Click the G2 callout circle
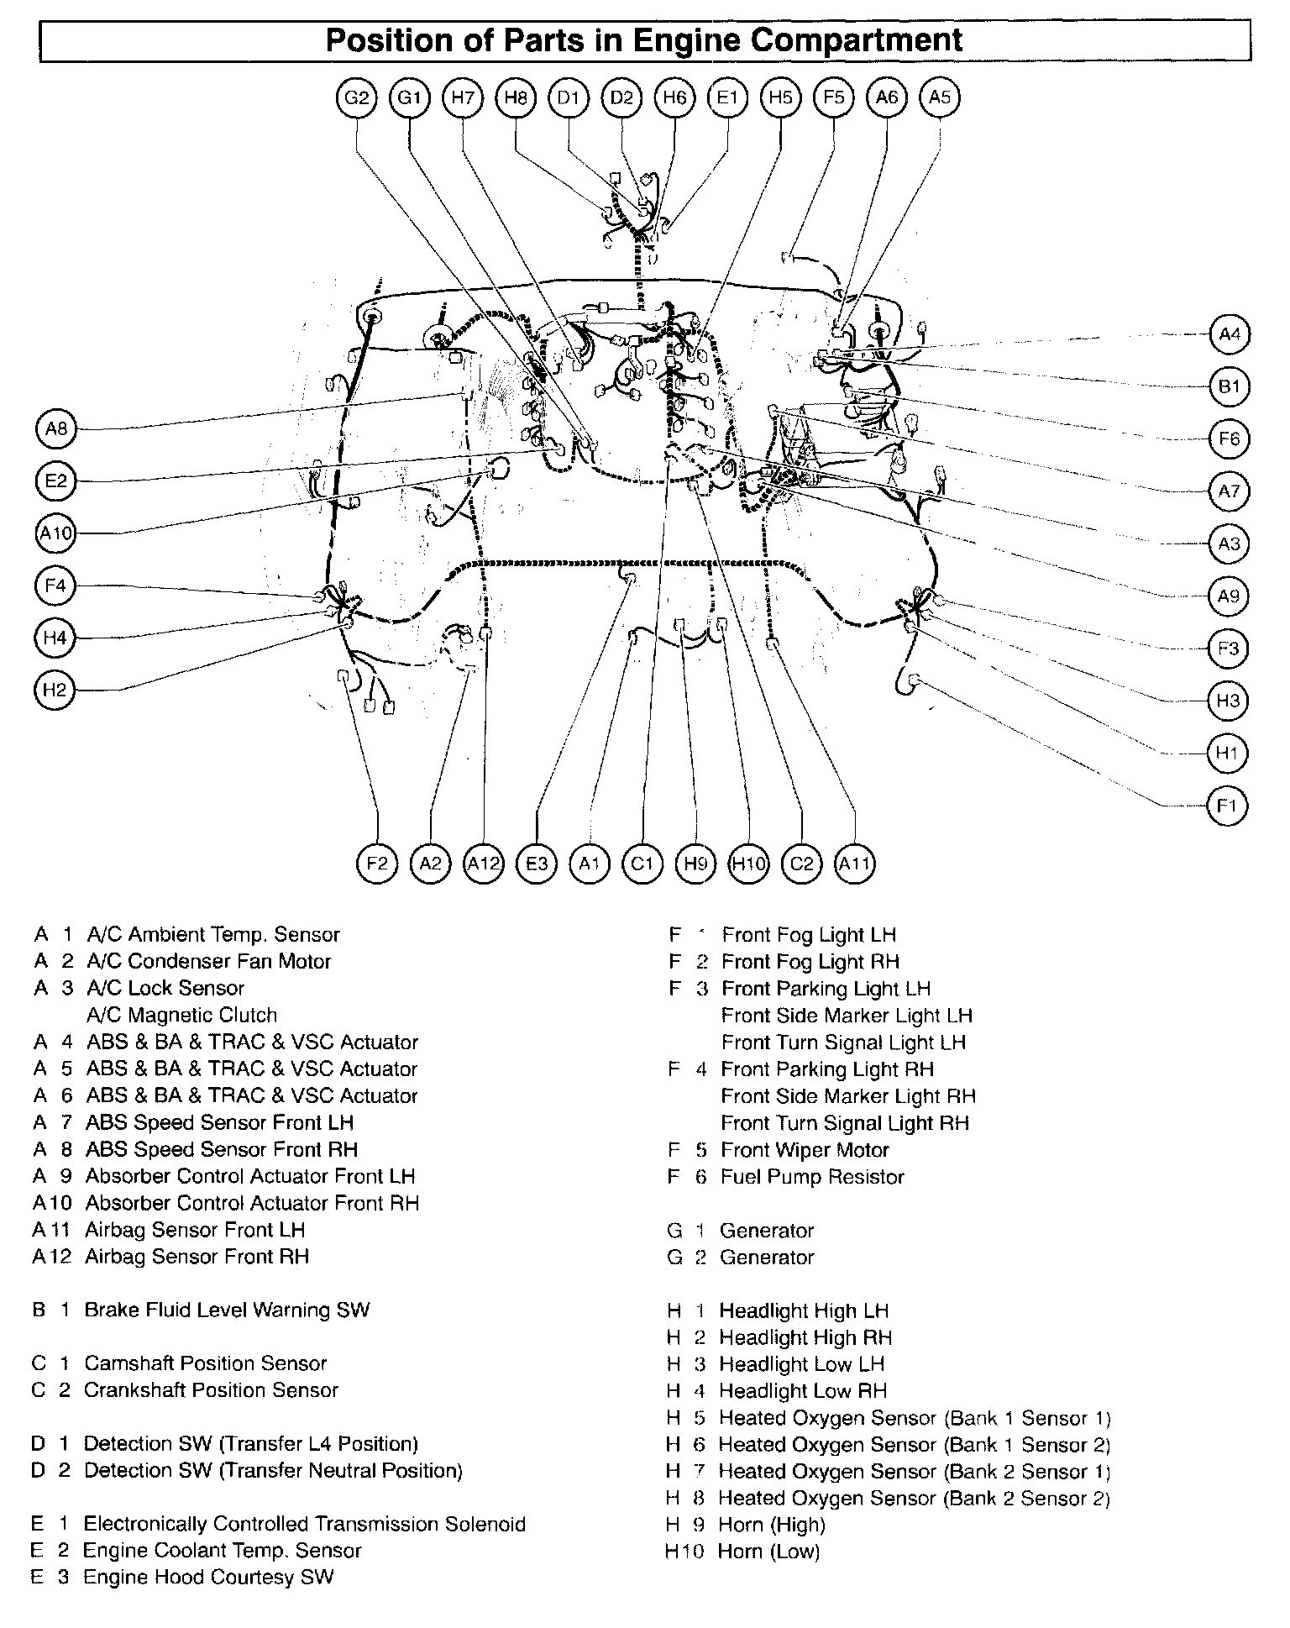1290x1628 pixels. coord(357,97)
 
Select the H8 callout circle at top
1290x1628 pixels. coord(516,97)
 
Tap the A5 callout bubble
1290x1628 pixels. coord(940,97)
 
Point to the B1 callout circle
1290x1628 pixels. coord(1229,386)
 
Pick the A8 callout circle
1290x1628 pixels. coord(55,429)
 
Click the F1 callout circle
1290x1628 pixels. coord(1227,806)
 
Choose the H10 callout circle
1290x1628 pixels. coord(748,863)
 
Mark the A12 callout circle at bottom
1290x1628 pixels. coord(484,863)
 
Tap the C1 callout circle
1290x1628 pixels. coord(642,863)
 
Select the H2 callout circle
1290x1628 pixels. coord(55,691)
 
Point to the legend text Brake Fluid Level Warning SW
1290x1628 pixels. coord(227,1310)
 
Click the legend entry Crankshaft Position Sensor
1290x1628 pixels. coord(211,1390)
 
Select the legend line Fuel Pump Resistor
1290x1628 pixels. coord(811,1177)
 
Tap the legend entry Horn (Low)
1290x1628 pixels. coord(768,1552)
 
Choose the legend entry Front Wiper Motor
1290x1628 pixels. coord(805,1150)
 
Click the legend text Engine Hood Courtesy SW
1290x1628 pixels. coord(208,1577)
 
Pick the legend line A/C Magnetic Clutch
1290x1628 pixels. coord(181,1015)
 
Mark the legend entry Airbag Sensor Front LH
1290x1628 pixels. coord(195,1230)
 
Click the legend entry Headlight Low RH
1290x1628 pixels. coord(802,1391)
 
